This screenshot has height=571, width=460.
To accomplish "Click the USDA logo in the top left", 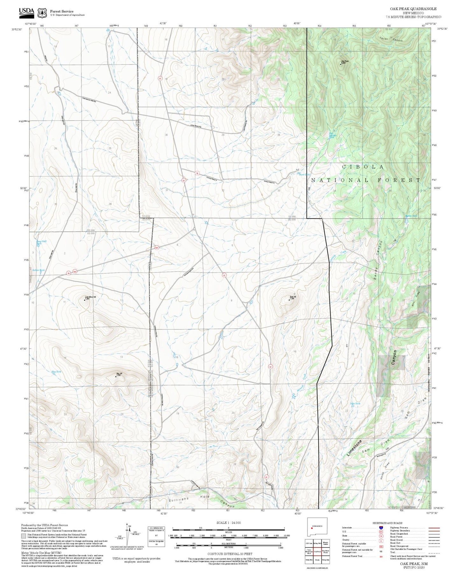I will (26, 12).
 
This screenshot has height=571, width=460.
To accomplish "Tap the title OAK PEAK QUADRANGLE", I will (413, 9).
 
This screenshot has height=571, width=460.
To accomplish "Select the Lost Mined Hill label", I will (90, 298).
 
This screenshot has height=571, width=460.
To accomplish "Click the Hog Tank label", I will (56, 371).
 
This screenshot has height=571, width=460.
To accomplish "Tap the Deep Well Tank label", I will (41, 242).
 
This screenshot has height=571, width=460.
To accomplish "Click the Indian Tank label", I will (39, 270).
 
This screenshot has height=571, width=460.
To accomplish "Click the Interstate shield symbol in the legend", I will (381, 528).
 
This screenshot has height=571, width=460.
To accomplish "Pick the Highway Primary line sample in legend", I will (434, 528).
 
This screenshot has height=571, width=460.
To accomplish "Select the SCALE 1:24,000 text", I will (228, 523).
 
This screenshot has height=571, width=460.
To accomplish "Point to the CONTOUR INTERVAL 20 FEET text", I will (228, 554).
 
